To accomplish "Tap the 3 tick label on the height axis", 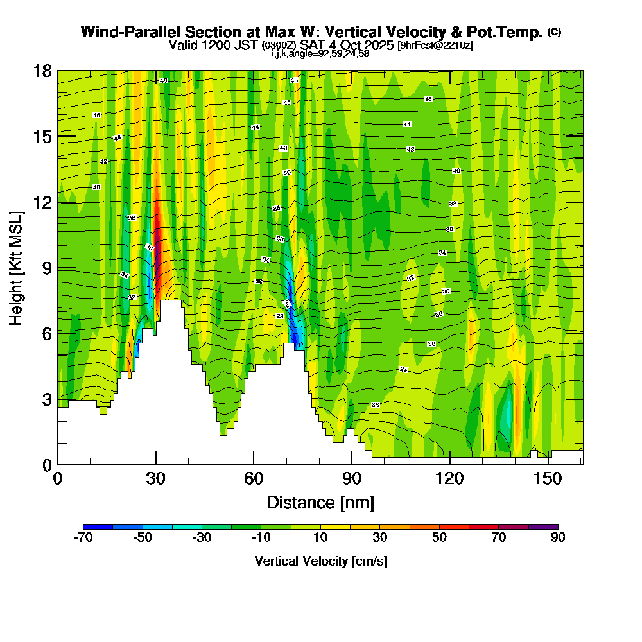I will [x=46, y=399].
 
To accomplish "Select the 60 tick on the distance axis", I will [x=254, y=464].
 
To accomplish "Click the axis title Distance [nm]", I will [x=320, y=502].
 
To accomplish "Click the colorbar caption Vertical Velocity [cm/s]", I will [x=321, y=562].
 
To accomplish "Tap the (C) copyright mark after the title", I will [x=554, y=32].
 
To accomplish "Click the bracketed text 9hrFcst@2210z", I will [x=436, y=46].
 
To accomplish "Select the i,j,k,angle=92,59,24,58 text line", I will [x=320, y=54].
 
